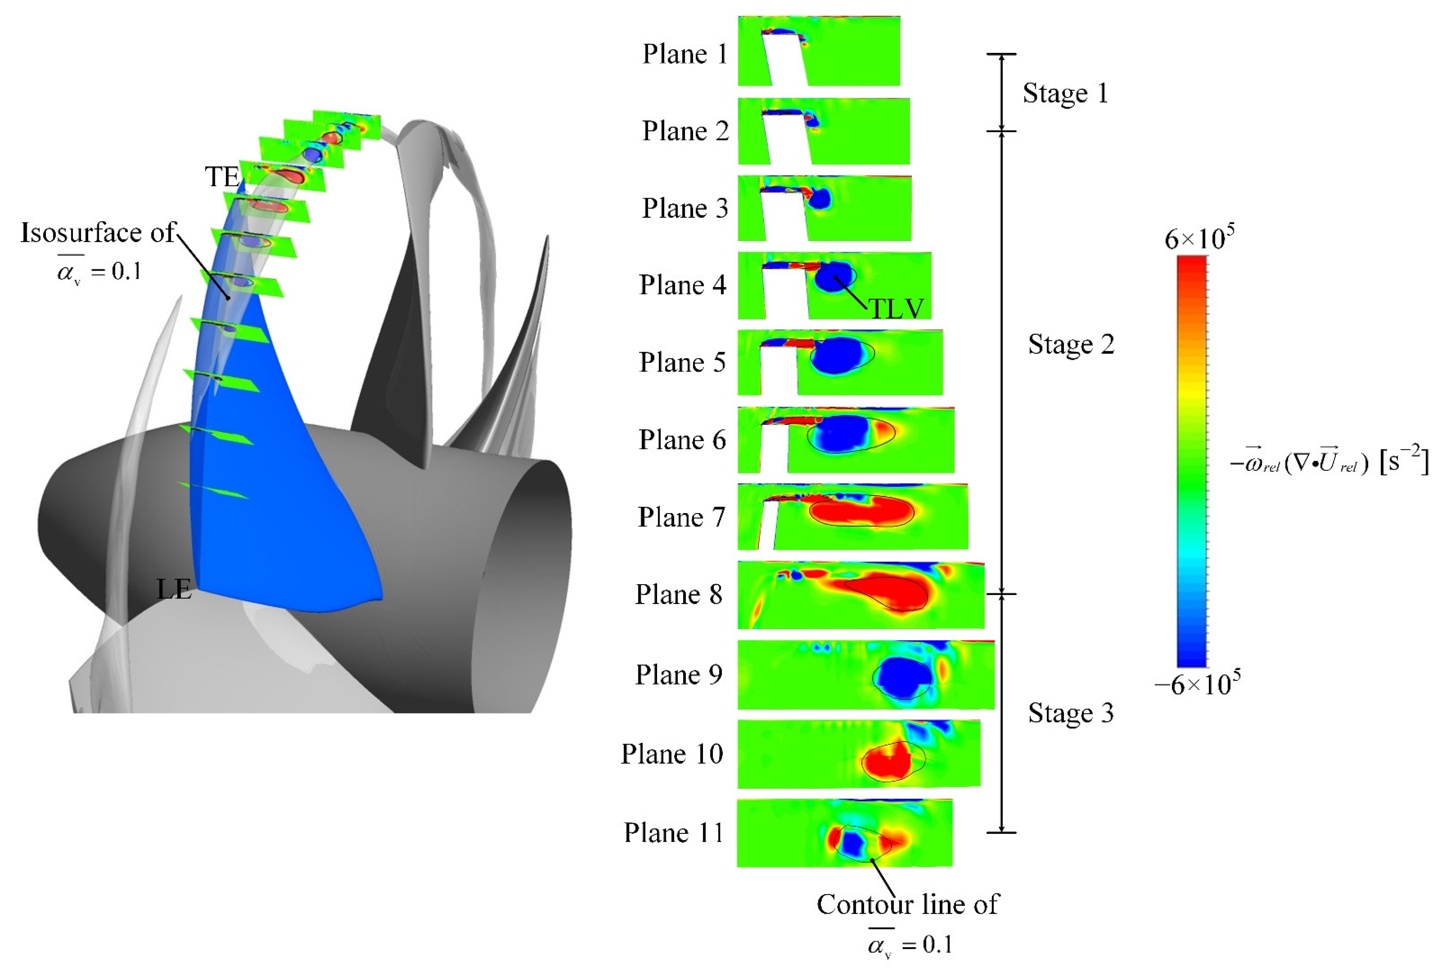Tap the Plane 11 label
tap(673, 833)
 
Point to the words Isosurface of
tap(98, 233)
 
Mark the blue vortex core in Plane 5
tap(837, 356)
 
